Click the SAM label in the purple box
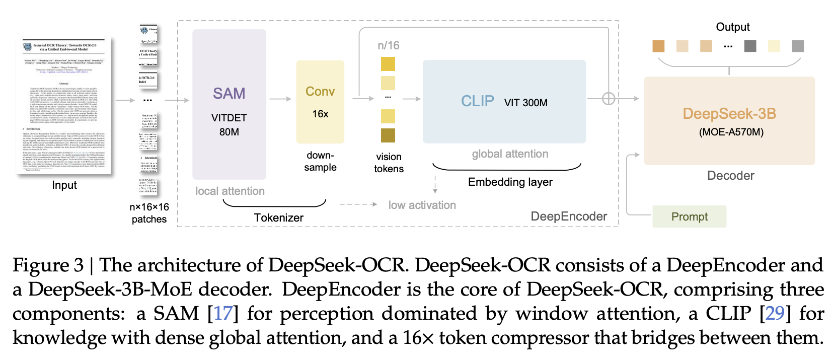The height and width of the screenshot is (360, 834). click(229, 94)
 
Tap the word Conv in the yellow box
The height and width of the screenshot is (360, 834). click(320, 92)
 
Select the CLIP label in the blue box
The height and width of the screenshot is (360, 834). click(477, 101)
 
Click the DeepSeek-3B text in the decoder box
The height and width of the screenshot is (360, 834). click(729, 114)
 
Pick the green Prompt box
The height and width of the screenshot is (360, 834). click(689, 217)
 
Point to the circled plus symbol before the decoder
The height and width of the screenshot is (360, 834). click(609, 99)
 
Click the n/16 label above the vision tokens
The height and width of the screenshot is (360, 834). click(388, 46)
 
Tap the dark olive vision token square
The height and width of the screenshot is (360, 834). click(388, 135)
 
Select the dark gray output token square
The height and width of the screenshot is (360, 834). click(750, 46)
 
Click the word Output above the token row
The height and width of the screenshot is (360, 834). click(732, 27)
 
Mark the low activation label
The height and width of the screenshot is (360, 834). click(422, 205)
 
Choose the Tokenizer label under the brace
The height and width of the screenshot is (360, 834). click(278, 218)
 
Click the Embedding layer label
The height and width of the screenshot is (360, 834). click(510, 182)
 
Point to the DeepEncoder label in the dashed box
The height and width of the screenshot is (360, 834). click(569, 217)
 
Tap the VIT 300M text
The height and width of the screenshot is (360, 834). click(525, 103)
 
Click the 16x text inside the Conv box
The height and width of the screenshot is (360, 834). click(320, 114)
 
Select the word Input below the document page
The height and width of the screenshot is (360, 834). click(64, 185)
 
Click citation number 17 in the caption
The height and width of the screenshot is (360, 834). click(223, 314)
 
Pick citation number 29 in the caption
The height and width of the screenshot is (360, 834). click(775, 314)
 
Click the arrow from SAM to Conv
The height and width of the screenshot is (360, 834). click(280, 99)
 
